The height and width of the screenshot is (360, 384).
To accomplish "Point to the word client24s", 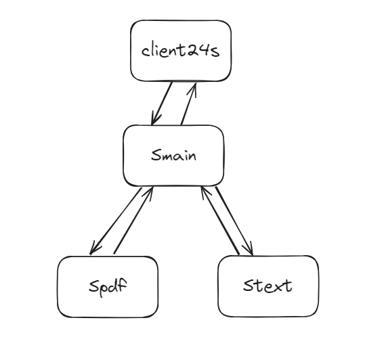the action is coord(181,51).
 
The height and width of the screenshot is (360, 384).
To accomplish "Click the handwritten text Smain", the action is coord(173,156).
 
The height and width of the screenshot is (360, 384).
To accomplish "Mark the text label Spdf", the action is coord(108,287).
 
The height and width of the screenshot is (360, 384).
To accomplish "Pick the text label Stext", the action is coord(268,286).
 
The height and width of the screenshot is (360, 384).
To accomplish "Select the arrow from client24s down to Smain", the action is coord(162,104).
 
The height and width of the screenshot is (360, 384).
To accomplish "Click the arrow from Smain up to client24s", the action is coord(188,104).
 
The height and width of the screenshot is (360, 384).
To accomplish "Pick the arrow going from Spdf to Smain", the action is coord(133,220).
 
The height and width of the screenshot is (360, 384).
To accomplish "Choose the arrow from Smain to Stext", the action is coord(234,221).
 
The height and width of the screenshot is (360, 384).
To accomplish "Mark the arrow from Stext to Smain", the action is coord(220,221).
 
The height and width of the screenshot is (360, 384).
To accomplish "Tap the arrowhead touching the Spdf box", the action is coord(95,248).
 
